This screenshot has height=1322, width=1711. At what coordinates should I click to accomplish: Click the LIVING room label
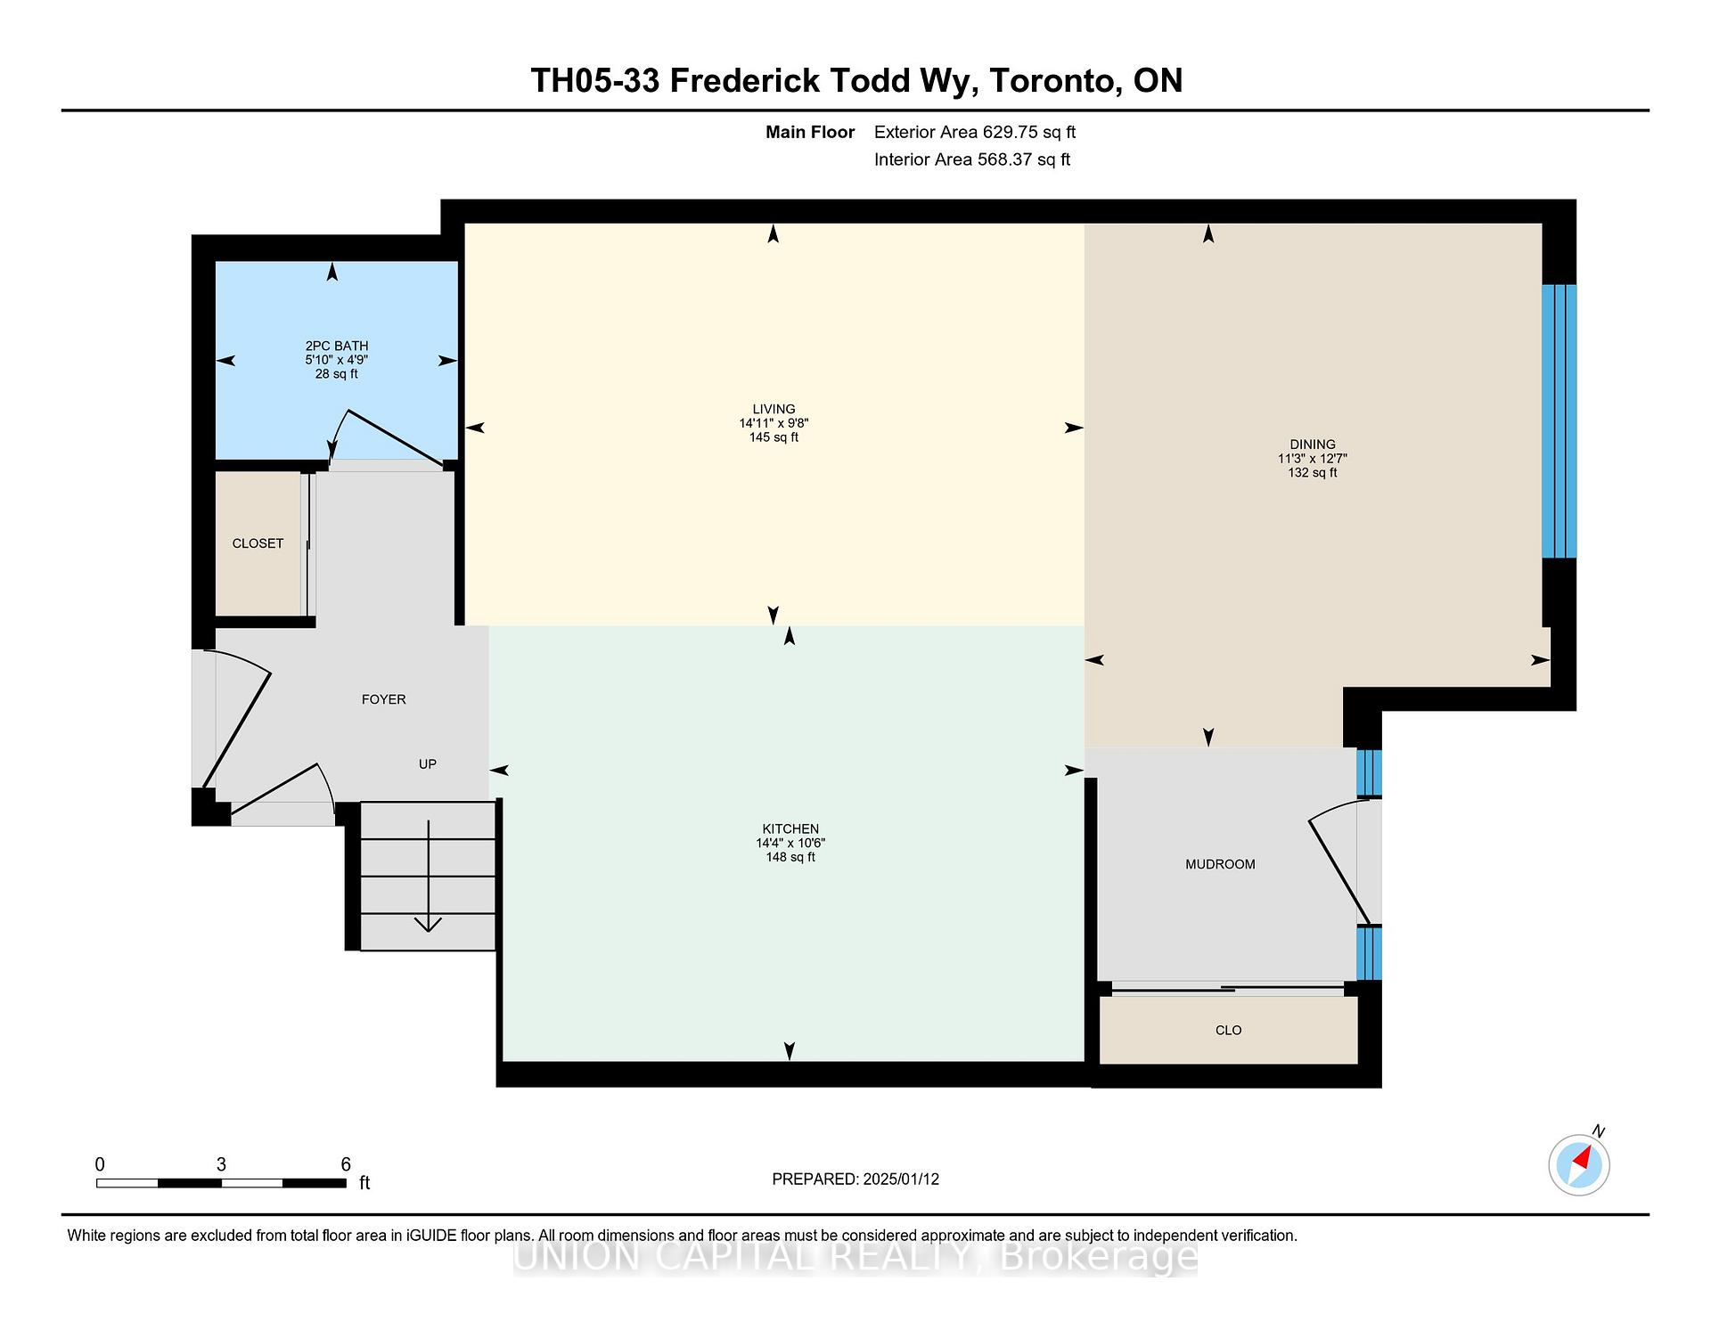coord(774,409)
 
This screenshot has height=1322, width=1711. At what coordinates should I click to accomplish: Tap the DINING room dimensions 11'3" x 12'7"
coord(1312,459)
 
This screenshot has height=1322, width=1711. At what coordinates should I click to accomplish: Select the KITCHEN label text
coord(790,828)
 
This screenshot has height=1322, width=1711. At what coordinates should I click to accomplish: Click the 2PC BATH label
coord(336,346)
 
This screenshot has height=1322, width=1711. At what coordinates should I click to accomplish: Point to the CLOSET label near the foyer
coord(258,543)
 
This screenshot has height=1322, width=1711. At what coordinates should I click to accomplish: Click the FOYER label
coord(383,699)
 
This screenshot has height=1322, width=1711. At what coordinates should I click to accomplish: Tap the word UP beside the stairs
coord(428,764)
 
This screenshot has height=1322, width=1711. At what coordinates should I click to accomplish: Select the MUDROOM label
coord(1220,864)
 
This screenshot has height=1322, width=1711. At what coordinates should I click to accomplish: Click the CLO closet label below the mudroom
coord(1228,1030)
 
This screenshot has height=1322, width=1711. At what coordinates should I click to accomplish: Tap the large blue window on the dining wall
coord(1559,420)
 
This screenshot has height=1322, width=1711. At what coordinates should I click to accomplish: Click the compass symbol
coord(1579,1164)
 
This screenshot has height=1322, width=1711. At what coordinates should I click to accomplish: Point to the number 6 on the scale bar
coord(346,1164)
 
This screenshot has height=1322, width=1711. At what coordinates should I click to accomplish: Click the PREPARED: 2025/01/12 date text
coord(855,1179)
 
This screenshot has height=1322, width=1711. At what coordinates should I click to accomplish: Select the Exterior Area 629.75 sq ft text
coord(975,132)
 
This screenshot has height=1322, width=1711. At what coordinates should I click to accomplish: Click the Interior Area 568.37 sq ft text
coord(971,159)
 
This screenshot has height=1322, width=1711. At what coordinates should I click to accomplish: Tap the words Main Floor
coord(810,132)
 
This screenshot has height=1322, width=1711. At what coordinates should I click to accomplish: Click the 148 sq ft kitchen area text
coord(790,857)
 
